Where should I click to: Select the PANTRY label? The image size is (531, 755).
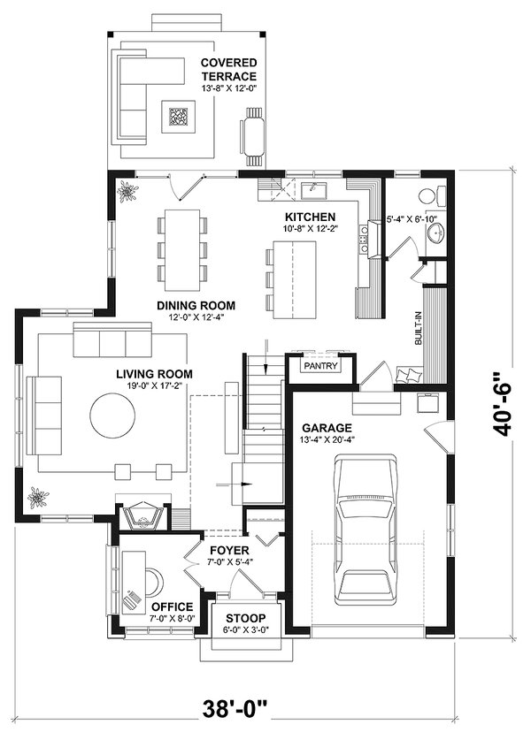click(319, 365)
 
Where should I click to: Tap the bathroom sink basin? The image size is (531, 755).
click(435, 233)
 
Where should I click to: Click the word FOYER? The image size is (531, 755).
click(228, 550)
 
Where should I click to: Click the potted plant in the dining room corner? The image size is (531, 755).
click(127, 191)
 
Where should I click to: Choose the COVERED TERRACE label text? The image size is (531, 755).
click(228, 70)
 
